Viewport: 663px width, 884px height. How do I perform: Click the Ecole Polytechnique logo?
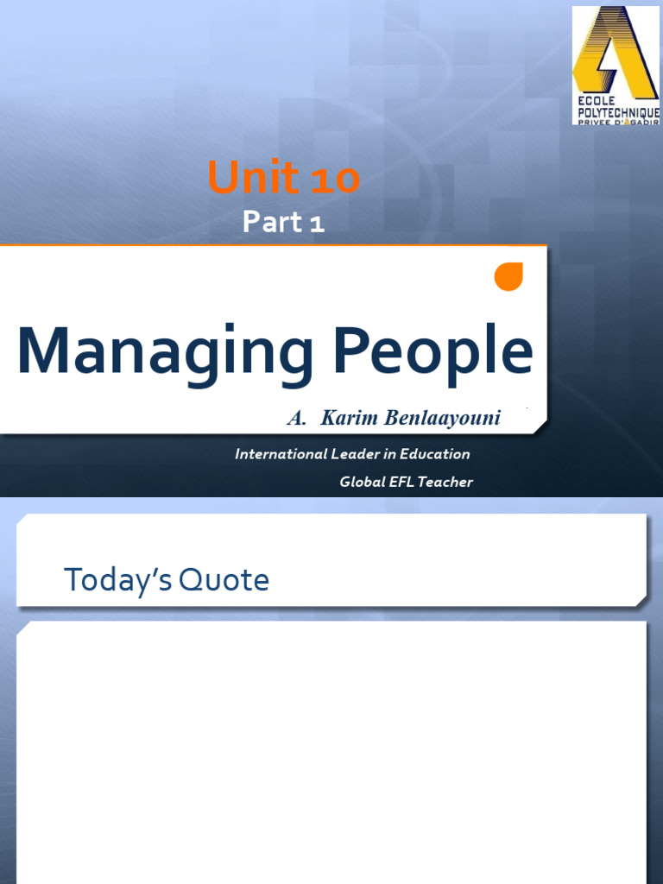(x=616, y=65)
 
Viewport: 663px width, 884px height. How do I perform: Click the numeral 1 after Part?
(x=317, y=224)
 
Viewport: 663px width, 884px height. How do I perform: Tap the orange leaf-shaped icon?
(x=508, y=275)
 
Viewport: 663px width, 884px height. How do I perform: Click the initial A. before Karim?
(x=297, y=419)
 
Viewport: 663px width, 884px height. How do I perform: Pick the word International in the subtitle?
(x=281, y=454)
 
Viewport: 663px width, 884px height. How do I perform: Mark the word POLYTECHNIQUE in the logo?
(x=617, y=113)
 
